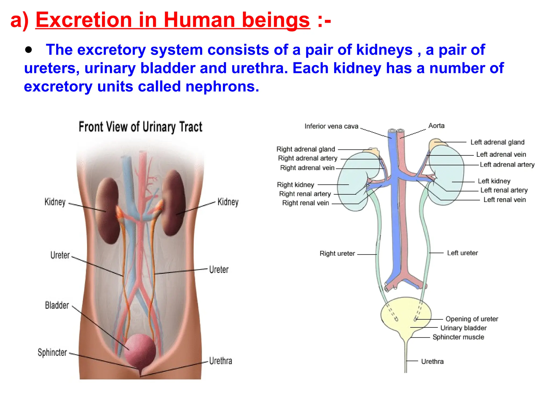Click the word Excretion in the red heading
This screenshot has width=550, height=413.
click(x=84, y=20)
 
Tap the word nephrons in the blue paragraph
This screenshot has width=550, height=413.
click(x=222, y=87)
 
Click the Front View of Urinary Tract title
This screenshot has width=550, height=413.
click(x=140, y=127)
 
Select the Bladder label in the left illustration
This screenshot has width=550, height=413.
click(x=57, y=305)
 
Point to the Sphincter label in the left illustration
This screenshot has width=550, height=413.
click(x=52, y=352)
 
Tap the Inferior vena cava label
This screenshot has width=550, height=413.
click(x=331, y=126)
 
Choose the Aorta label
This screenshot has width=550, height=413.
click(x=436, y=126)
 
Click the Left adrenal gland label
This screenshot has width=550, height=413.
click(x=497, y=142)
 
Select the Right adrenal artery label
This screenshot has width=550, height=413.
click(x=307, y=158)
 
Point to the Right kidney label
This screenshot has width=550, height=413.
click(x=295, y=185)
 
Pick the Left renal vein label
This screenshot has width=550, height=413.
click(x=505, y=200)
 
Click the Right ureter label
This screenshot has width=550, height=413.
click(x=337, y=254)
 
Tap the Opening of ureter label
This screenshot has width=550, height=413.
click(x=472, y=319)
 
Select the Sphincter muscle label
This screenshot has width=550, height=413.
click(x=458, y=337)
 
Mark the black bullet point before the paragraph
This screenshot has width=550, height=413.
click(x=28, y=50)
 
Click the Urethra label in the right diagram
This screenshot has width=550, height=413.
click(x=432, y=362)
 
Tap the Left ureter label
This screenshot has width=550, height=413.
click(x=462, y=253)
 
